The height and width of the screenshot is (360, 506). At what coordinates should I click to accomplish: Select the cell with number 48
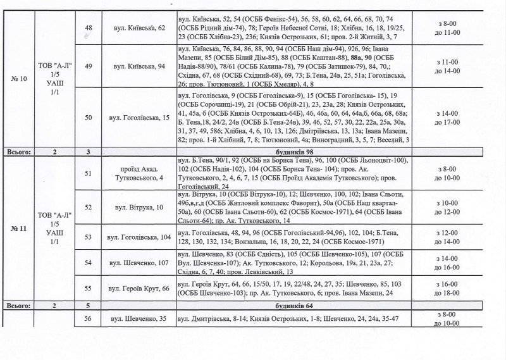[x=88, y=27]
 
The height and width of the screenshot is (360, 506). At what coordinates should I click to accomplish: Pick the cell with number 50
[x=88, y=118]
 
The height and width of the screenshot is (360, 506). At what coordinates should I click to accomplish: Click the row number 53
[x=88, y=237]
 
